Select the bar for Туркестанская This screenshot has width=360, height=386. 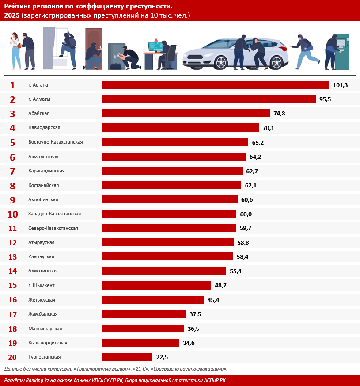pyautogui.click(x=127, y=357)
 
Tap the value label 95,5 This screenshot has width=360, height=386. pyautogui.click(x=325, y=99)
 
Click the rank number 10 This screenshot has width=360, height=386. pyautogui.click(x=12, y=214)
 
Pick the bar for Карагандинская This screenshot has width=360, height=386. pyautogui.click(x=172, y=171)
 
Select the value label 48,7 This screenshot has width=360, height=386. pyautogui.click(x=220, y=285)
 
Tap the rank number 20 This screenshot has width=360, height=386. pyautogui.click(x=12, y=357)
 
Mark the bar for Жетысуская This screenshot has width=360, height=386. pyautogui.click(x=153, y=300)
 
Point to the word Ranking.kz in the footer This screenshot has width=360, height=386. pyautogui.click(x=38, y=381)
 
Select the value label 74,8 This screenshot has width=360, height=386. pyautogui.click(x=279, y=114)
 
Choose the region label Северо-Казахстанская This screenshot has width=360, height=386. pyautogui.click(x=53, y=228)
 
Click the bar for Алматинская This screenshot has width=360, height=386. pyautogui.click(x=164, y=271)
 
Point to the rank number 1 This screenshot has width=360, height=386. pyautogui.click(x=12, y=85)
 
